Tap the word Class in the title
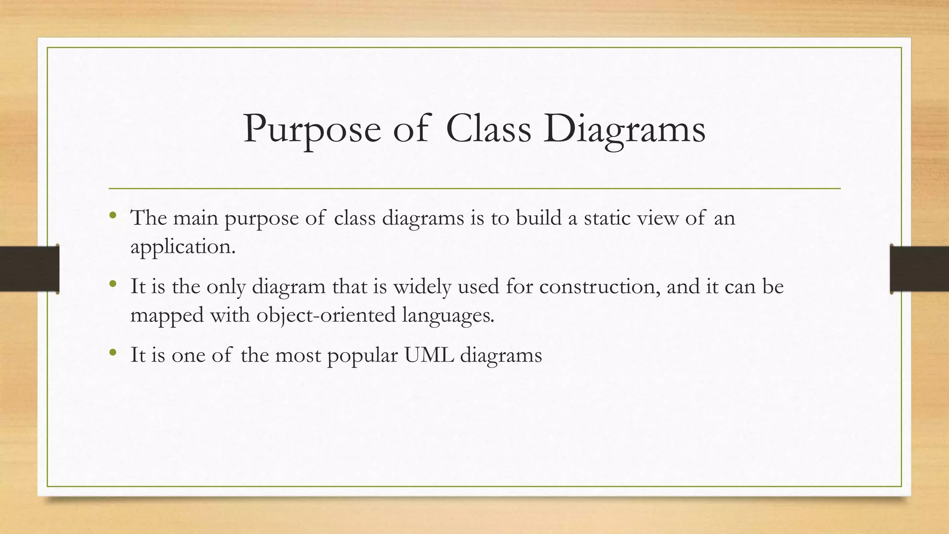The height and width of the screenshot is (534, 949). point(488,128)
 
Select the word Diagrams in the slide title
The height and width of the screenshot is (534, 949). point(624,129)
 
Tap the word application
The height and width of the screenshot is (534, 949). point(183,247)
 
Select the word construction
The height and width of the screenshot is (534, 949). point(600,286)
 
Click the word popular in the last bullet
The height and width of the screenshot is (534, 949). point(362,356)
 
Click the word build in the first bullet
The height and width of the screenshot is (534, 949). point(538,217)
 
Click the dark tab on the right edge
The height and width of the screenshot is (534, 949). point(919,269)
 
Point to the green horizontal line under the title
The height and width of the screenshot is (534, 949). point(474,189)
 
